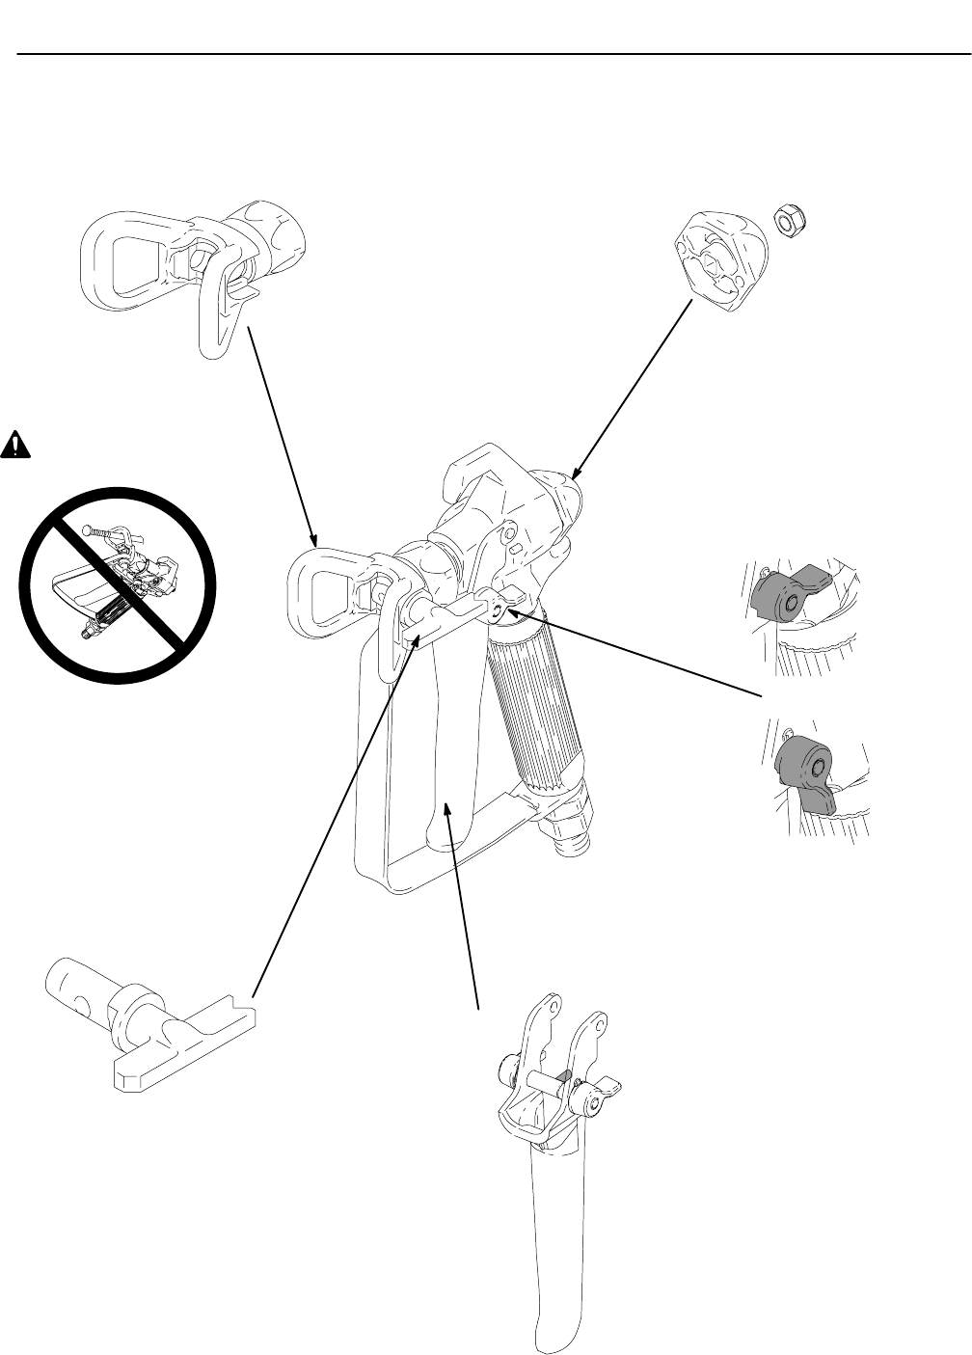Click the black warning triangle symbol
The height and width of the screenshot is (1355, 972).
tap(14, 444)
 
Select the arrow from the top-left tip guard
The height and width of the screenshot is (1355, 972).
tap(281, 434)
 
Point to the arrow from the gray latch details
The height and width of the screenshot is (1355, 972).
tap(636, 652)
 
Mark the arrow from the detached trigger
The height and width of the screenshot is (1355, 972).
tap(463, 907)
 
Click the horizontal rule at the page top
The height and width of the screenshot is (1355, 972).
tap(486, 54)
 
